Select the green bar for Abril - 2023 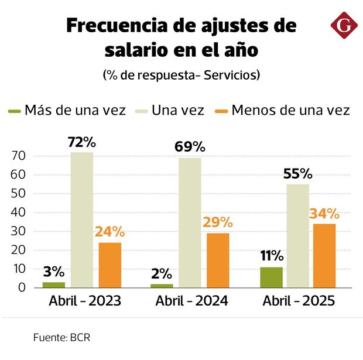tap(54, 285)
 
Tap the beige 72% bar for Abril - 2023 tap(82, 220)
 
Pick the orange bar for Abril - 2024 tap(218, 260)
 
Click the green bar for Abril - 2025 tap(271, 277)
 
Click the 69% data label tap(190, 148)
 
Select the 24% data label tap(110, 232)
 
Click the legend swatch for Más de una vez tap(14, 111)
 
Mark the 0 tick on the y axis tap(21, 288)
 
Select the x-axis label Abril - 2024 tap(191, 301)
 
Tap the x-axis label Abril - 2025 tap(299, 301)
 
